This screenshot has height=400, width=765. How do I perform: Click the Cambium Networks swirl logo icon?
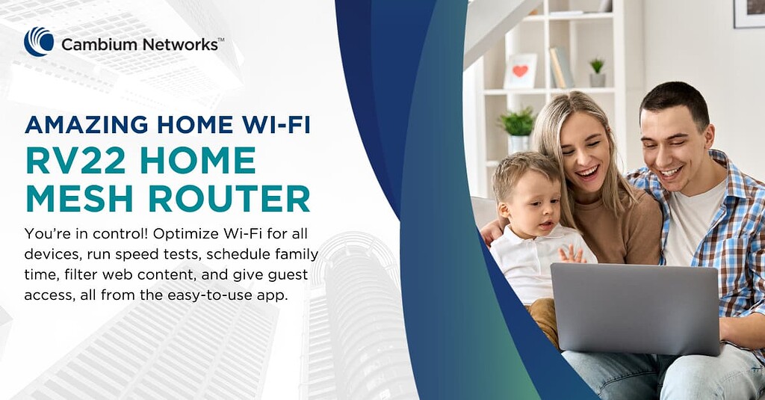coord(39,42)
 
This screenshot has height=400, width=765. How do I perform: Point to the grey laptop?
coord(635,307)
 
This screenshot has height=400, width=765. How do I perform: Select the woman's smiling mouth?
coord(588,173)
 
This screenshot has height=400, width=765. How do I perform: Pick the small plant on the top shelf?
coord(597,72)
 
